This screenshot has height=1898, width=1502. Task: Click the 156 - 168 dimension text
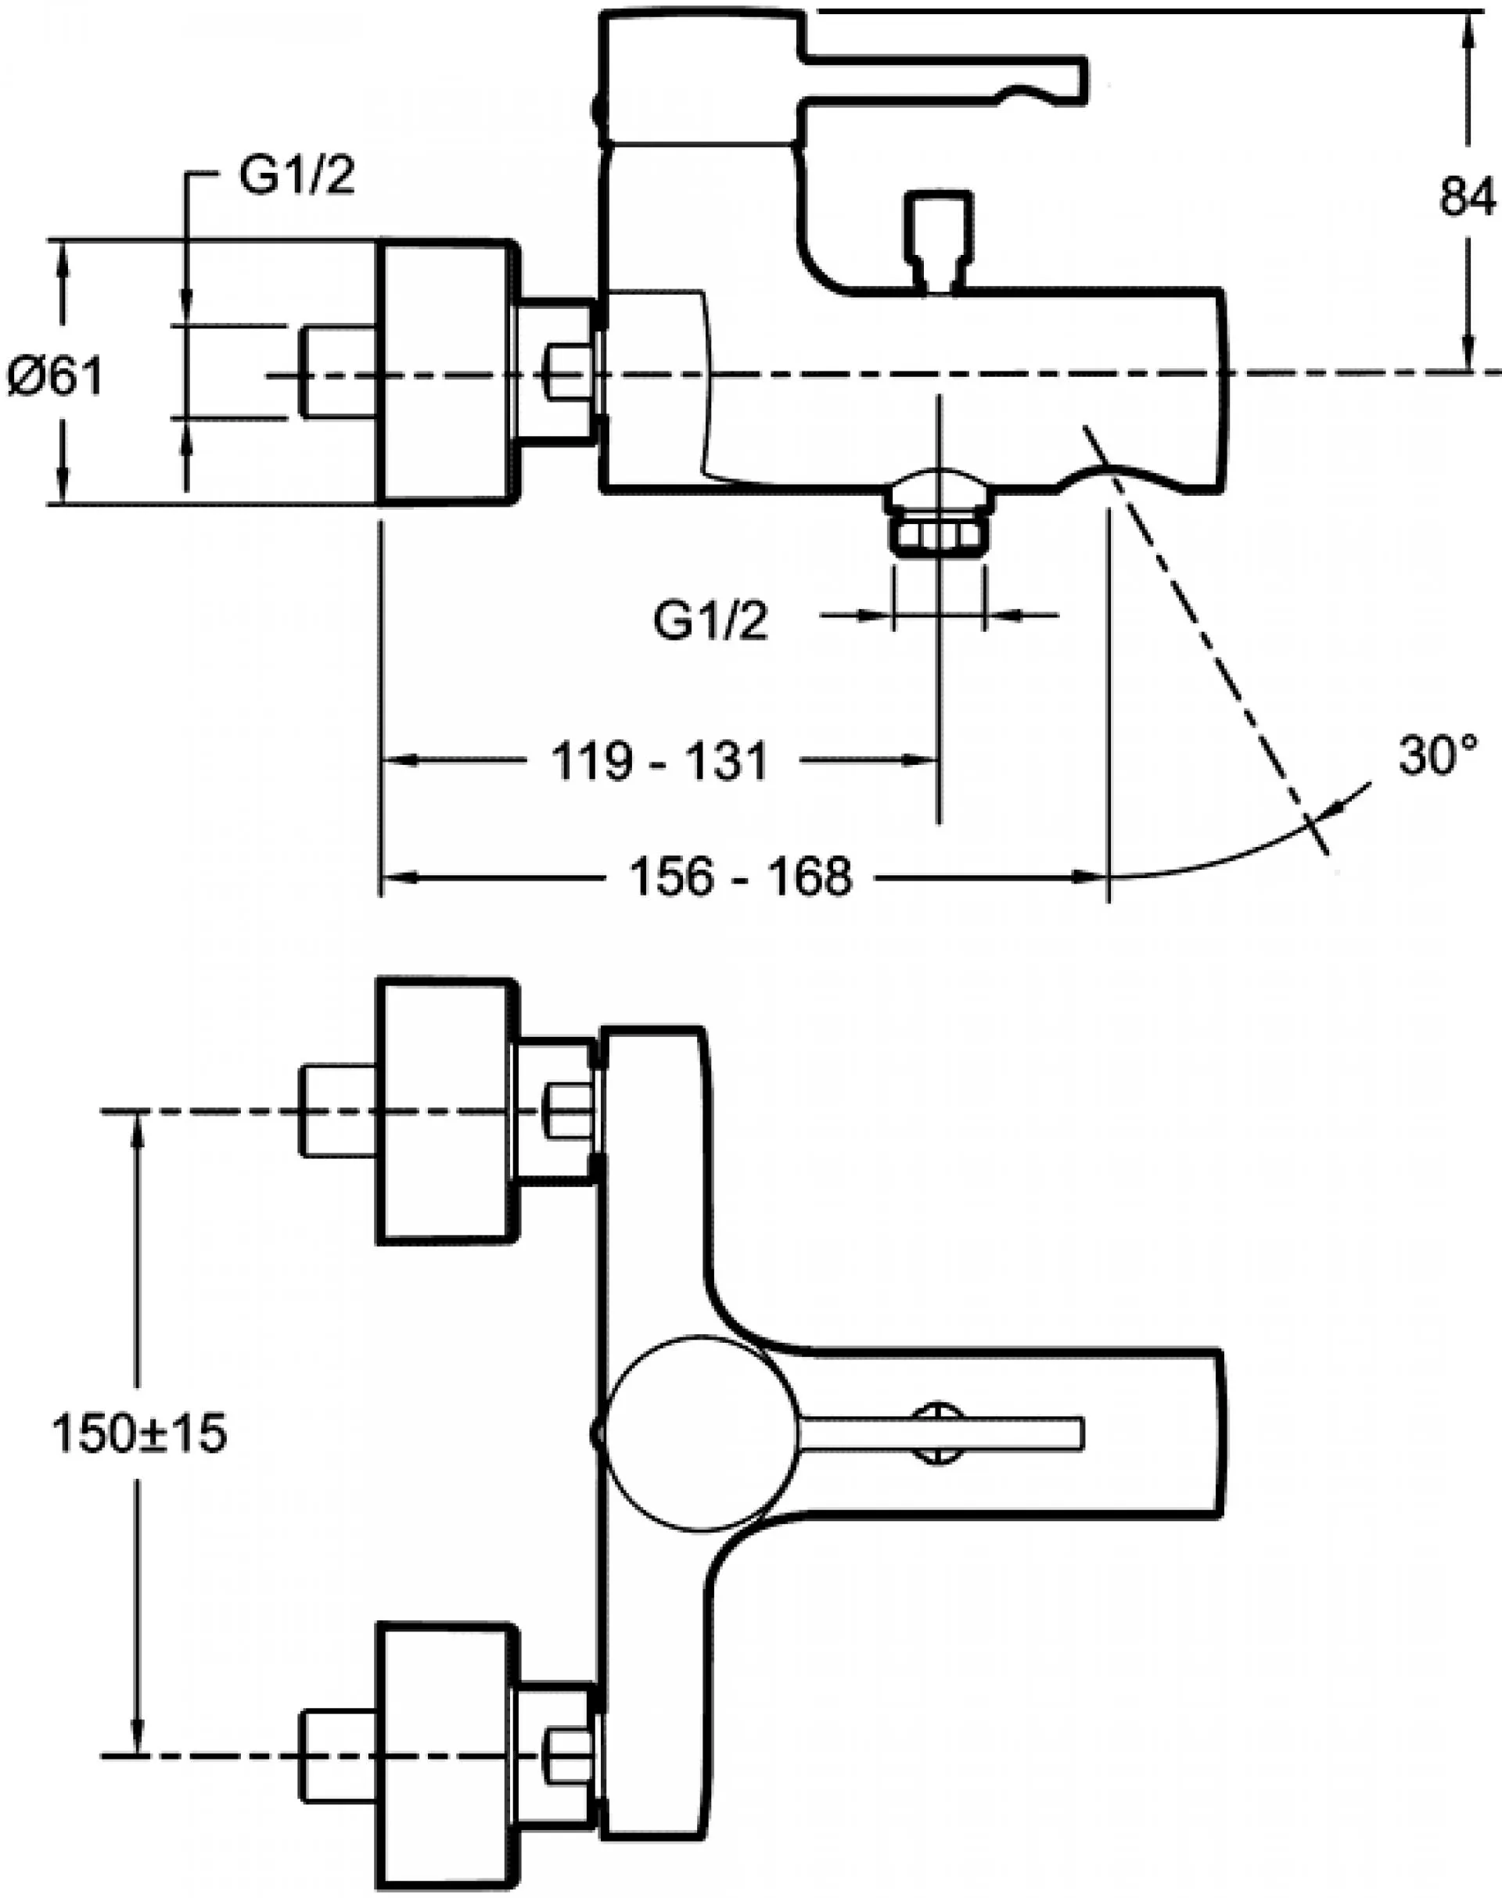[742, 877]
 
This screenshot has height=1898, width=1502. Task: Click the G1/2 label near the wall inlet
[297, 176]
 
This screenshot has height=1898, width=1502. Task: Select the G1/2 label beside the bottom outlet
[710, 622]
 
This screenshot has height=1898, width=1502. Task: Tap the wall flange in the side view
[445, 372]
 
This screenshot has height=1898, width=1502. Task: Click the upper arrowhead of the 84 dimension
[1467, 35]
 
